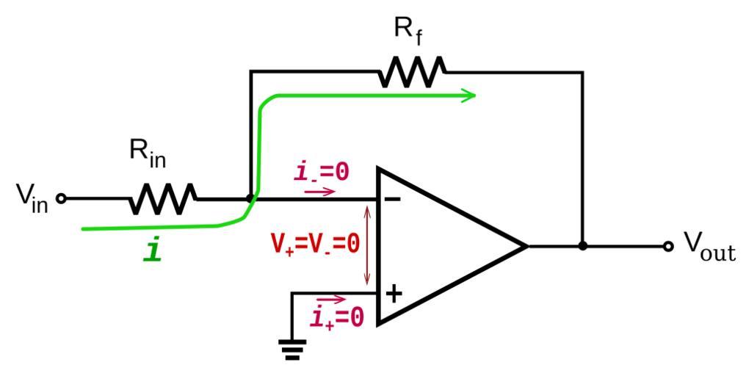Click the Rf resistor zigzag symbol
[x=412, y=72]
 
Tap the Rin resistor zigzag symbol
[x=163, y=198]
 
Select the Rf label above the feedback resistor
[x=408, y=30]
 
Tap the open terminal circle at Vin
[x=62, y=198]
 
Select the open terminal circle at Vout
[x=667, y=246]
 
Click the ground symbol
[x=292, y=348]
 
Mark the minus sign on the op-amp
[x=393, y=199]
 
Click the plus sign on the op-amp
[x=394, y=294]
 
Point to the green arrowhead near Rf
[x=468, y=95]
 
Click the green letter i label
[x=153, y=251]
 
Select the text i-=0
[x=321, y=172]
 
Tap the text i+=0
[x=337, y=318]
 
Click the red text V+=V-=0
[x=315, y=244]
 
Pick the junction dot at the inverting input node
[x=250, y=198]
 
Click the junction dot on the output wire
[x=582, y=246]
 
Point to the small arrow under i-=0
[x=319, y=192]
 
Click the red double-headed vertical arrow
[x=368, y=245]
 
